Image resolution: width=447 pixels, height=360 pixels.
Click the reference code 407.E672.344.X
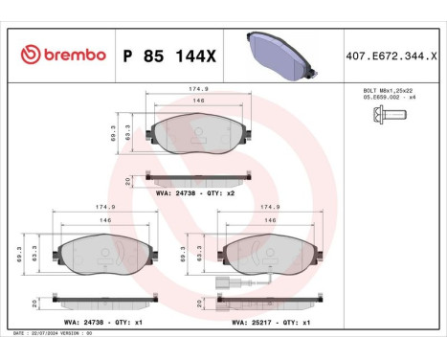tap(391, 56)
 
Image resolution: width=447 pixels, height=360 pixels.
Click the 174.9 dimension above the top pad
tap(199, 91)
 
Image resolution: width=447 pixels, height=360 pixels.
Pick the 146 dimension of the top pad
tap(199, 101)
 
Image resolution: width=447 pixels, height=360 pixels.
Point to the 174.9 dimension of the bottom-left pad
tap(93, 205)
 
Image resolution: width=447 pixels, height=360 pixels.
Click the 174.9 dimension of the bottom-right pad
tap(269, 205)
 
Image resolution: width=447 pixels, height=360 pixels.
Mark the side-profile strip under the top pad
tap(199, 177)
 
